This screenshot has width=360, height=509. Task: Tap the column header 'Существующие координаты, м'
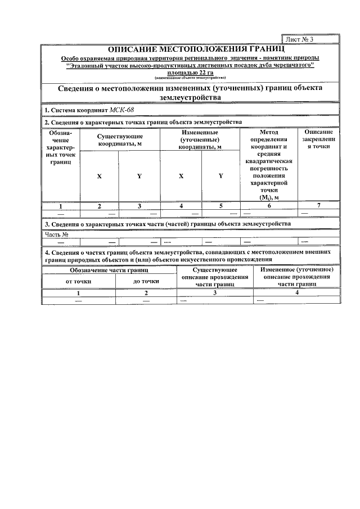[x=120, y=140]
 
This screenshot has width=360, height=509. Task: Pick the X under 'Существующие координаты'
[x=100, y=176]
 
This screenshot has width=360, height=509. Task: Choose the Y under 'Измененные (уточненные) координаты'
[x=220, y=176]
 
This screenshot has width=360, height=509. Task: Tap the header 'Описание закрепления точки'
[x=319, y=139]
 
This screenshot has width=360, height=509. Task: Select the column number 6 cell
[x=269, y=206]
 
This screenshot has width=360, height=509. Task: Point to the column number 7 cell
[x=319, y=206]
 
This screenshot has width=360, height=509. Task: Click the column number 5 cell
[x=220, y=206]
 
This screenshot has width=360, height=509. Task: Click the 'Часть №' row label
[x=57, y=234]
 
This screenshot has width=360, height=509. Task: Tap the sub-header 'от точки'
[x=78, y=281]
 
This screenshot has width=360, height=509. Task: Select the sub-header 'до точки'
[x=146, y=281]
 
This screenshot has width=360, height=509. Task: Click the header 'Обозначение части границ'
[x=112, y=271]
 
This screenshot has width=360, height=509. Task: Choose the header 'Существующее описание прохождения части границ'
[x=214, y=278]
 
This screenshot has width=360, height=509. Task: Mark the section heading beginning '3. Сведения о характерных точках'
[x=167, y=224]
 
